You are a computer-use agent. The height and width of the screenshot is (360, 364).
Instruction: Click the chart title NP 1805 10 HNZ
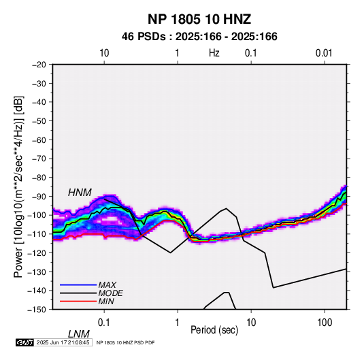tap(199, 19)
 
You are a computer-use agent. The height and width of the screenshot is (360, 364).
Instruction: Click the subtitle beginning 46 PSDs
tap(199, 37)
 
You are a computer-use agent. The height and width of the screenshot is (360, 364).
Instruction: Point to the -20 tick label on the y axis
tap(39, 65)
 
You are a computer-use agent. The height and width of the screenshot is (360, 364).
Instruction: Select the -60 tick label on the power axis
tap(39, 140)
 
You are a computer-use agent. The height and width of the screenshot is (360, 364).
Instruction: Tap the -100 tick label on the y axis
tap(37, 215)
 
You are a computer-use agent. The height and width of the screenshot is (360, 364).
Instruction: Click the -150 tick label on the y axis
tap(37, 310)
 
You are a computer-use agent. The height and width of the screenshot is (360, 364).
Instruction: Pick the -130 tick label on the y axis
tap(37, 272)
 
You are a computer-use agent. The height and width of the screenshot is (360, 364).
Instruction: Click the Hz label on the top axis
tap(214, 53)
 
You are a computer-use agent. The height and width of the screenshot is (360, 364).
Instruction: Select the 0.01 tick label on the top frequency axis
tap(324, 53)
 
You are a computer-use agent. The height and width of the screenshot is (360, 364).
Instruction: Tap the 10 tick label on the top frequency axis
tap(104, 53)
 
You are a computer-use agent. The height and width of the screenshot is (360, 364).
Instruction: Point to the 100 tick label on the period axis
tap(325, 323)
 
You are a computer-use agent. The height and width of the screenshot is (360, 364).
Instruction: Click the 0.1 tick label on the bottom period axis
tap(104, 323)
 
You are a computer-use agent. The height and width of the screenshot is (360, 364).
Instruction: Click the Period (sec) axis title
tap(214, 330)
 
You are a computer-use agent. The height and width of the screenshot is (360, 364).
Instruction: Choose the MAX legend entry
tap(107, 285)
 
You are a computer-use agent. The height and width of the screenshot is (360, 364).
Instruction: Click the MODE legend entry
tap(110, 293)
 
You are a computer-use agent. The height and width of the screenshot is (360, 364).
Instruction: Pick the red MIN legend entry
tap(106, 301)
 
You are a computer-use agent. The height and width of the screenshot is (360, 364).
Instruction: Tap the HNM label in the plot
tap(80, 193)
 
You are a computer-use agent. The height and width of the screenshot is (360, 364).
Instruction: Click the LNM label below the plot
tap(79, 334)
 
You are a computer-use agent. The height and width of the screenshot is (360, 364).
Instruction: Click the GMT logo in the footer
tap(25, 342)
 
